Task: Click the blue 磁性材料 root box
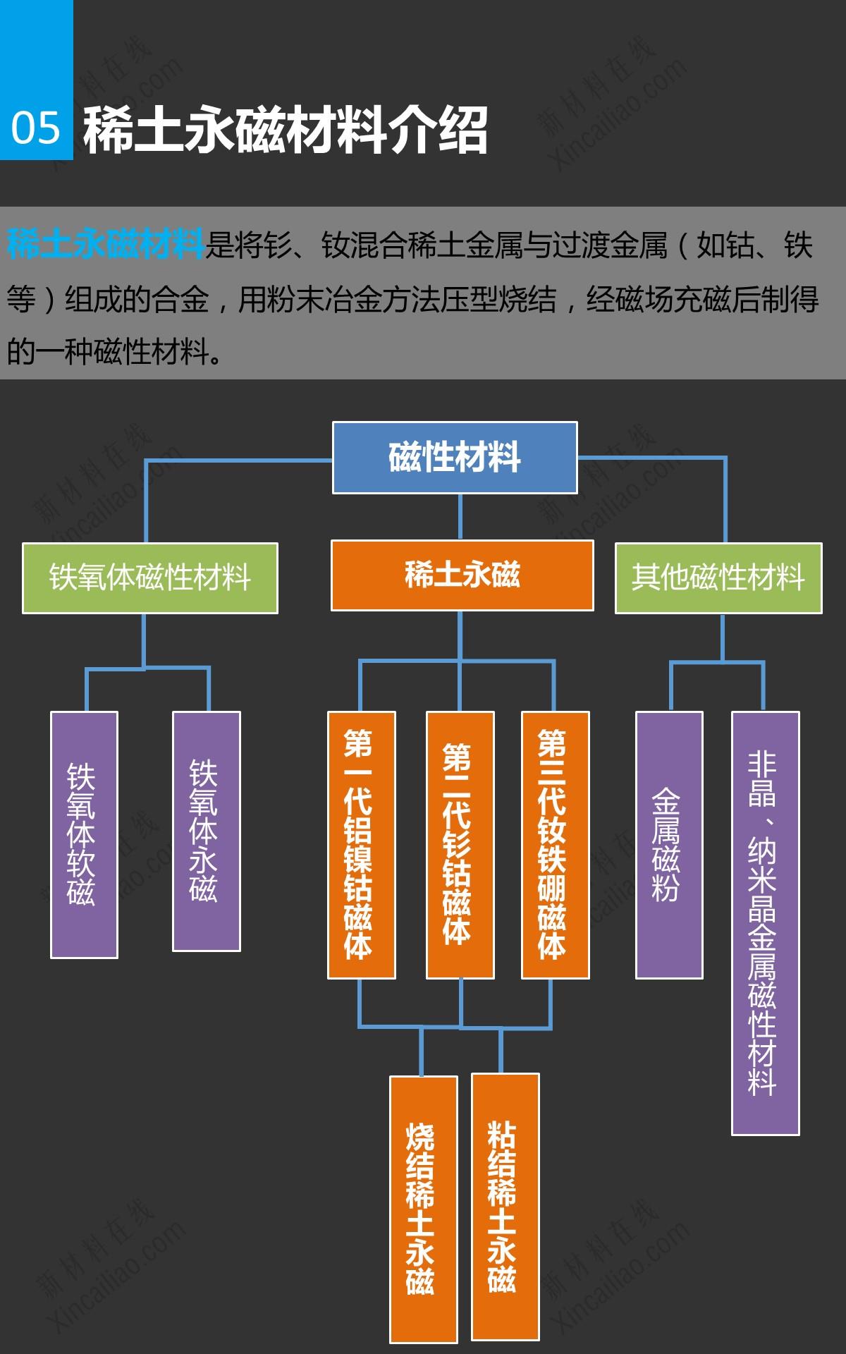click(455, 457)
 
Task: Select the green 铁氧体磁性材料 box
click(149, 578)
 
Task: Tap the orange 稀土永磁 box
click(462, 575)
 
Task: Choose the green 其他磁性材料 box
click(718, 578)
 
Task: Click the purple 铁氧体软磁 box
click(84, 834)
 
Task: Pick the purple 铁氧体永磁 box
click(207, 831)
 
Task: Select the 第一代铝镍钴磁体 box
click(361, 845)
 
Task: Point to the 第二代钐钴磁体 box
click(460, 845)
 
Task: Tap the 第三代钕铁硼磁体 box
click(555, 845)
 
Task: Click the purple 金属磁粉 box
click(669, 845)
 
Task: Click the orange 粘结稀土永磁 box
click(505, 1206)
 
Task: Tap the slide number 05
click(36, 128)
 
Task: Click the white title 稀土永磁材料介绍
click(285, 130)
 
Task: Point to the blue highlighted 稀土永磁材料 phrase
click(106, 245)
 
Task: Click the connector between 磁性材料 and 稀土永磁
click(460, 517)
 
